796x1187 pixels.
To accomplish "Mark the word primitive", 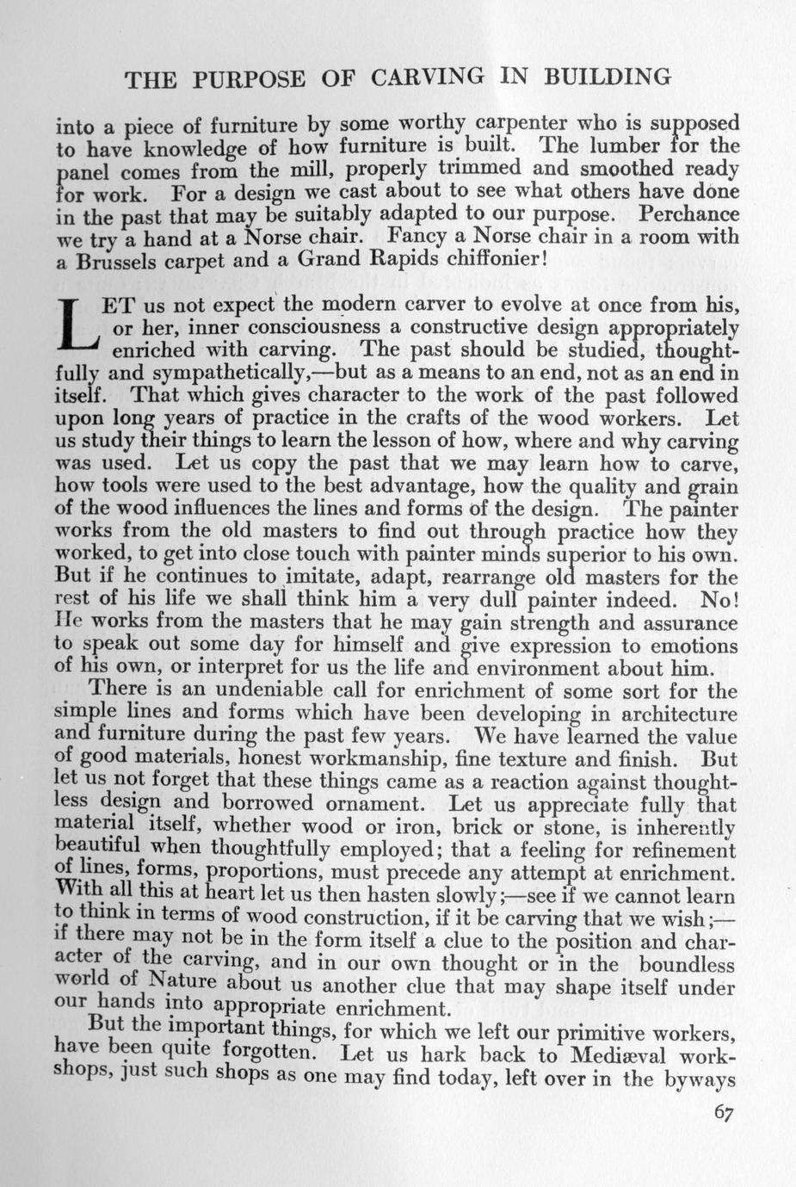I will pyautogui.click(x=555, y=1032).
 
